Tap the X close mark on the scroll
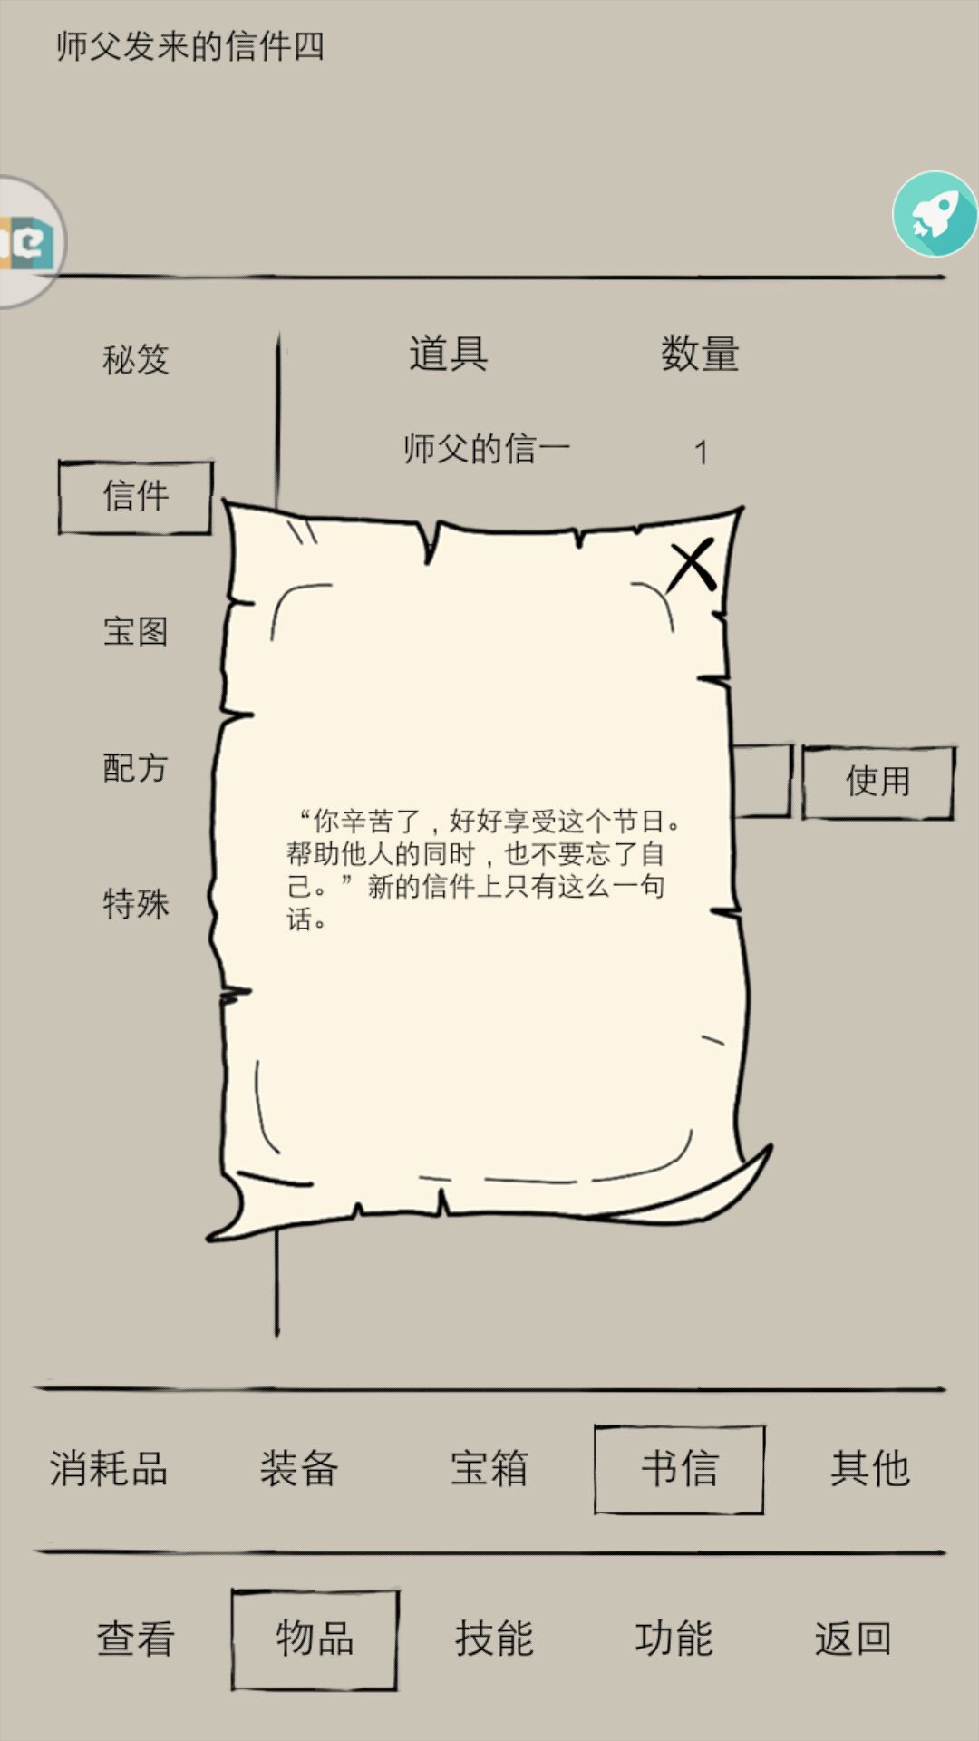pos(693,565)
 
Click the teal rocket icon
pos(935,214)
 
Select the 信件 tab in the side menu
pos(135,497)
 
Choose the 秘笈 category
pos(135,359)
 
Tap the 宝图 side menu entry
pos(135,631)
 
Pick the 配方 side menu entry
pos(135,767)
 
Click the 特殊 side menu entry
pos(135,903)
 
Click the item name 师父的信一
pos(487,449)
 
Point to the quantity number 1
pos(701,452)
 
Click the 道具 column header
pos(449,354)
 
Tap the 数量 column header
pos(700,354)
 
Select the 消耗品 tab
pos(109,1468)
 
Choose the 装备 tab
pos(299,1468)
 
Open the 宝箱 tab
pos(489,1468)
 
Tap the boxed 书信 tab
pos(679,1469)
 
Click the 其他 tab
pos(870,1468)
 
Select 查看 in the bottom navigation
pos(135,1639)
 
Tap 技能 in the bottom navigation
pos(494,1639)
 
